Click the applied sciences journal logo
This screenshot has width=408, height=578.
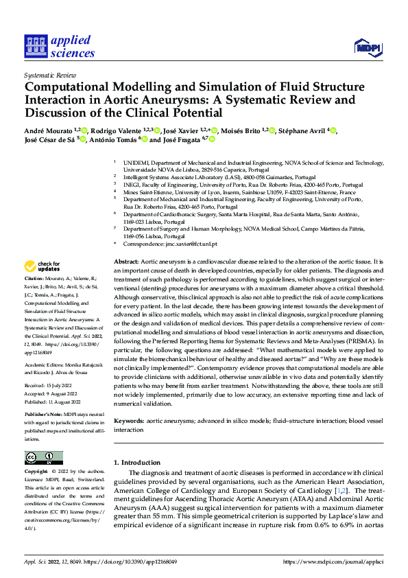(x=59, y=46)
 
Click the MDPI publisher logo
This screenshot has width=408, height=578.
(x=365, y=47)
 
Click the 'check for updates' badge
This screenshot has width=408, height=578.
(x=43, y=266)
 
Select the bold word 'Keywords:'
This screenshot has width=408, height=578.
(x=128, y=419)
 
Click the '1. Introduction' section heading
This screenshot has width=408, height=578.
(x=136, y=463)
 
